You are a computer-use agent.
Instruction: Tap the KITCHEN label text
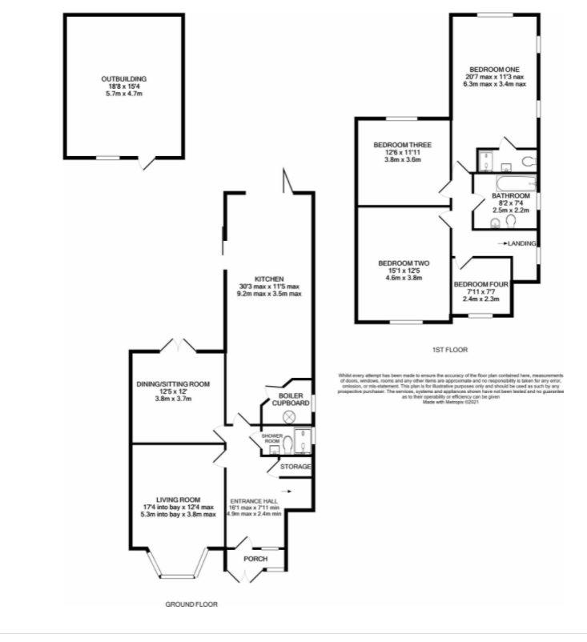[x=268, y=279]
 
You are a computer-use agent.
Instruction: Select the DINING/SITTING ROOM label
[x=172, y=384]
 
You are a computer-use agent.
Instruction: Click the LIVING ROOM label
[x=175, y=500]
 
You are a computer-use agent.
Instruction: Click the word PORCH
[x=255, y=559]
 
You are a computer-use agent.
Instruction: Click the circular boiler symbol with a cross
[x=290, y=416]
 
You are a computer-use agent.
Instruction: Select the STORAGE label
[x=295, y=466]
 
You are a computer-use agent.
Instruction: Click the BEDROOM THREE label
[x=402, y=145]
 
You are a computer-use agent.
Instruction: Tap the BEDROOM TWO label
[x=404, y=263]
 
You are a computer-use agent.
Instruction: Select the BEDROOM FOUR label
[x=480, y=284]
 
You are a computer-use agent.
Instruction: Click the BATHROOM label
[x=510, y=196]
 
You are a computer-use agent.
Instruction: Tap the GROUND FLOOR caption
[x=191, y=604]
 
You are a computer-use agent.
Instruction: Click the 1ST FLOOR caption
[x=451, y=350]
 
